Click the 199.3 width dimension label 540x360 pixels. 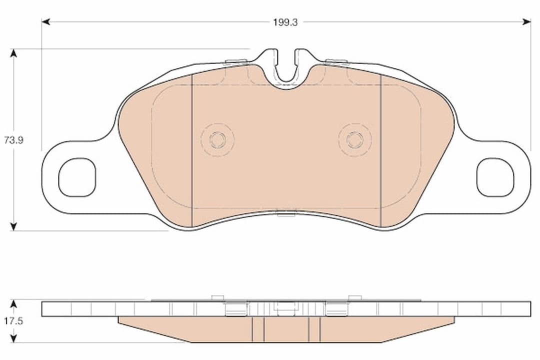click(x=285, y=22)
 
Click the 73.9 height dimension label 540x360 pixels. click(x=14, y=140)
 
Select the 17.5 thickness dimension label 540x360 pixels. click(x=14, y=321)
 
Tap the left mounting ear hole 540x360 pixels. click(x=77, y=177)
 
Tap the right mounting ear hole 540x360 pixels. click(x=495, y=177)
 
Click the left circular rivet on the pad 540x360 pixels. click(x=217, y=139)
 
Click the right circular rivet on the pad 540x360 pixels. click(x=355, y=139)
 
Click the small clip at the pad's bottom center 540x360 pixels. click(x=286, y=214)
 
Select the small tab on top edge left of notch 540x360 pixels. click(x=236, y=62)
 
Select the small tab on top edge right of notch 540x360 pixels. click(x=336, y=62)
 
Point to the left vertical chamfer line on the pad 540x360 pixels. click(x=192, y=150)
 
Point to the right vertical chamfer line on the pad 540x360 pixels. click(x=381, y=150)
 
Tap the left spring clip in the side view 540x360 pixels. click(x=236, y=308)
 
